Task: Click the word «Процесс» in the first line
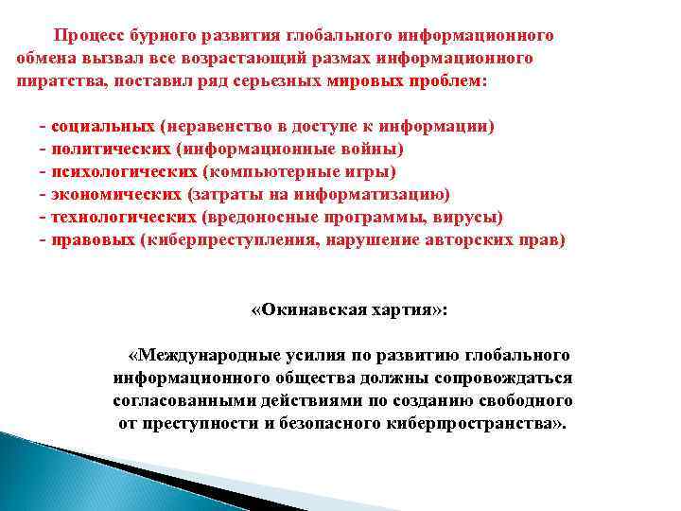pyautogui.click(x=90, y=36)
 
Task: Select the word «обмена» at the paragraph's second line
pyautogui.click(x=44, y=59)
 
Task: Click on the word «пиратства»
pyautogui.click(x=58, y=81)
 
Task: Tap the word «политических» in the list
pyautogui.click(x=110, y=149)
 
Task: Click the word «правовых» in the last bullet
pyautogui.click(x=92, y=239)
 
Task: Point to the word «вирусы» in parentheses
pyautogui.click(x=473, y=217)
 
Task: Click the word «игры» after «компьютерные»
pyautogui.click(x=375, y=171)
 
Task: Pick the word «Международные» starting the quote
pyautogui.click(x=200, y=355)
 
